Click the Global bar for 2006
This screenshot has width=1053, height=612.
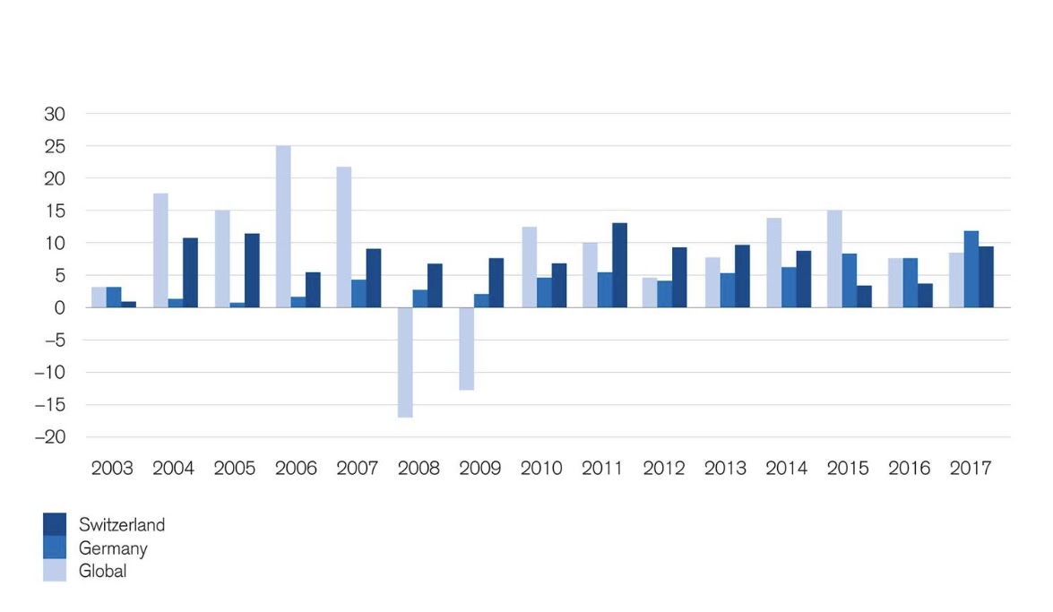click(283, 227)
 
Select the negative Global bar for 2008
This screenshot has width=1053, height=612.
click(405, 362)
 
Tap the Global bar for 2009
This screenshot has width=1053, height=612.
click(466, 349)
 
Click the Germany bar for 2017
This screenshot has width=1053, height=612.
click(971, 269)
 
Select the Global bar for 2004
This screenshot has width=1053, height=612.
click(160, 250)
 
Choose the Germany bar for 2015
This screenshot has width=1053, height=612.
click(849, 280)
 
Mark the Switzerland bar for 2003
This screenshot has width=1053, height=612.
click(128, 305)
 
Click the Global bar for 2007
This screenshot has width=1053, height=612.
click(344, 237)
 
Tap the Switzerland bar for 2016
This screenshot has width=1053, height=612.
click(925, 296)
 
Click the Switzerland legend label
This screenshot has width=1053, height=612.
click(121, 525)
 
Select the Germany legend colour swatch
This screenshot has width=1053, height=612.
click(55, 547)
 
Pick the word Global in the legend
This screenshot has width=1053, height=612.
click(102, 571)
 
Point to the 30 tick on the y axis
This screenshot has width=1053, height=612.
click(56, 114)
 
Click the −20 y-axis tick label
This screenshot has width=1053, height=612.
click(50, 437)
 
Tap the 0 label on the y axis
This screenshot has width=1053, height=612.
click(61, 307)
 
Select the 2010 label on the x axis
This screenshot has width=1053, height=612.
click(541, 469)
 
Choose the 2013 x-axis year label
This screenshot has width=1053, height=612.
click(724, 469)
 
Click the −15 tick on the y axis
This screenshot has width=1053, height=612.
click(50, 405)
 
